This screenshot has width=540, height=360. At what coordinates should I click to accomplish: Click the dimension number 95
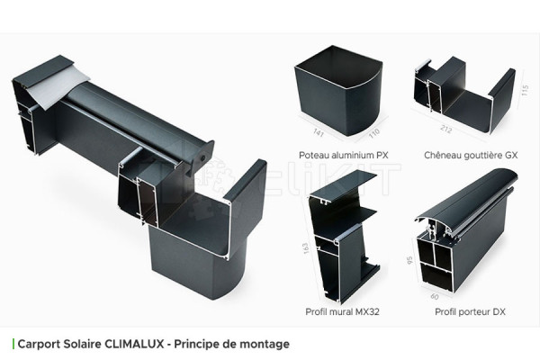pos(409,262)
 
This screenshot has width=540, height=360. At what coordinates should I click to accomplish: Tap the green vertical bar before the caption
pos(13,343)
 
